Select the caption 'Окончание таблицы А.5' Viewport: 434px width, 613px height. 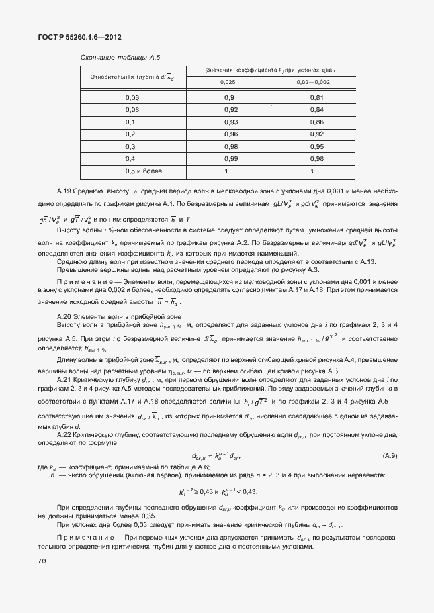pos(120,58)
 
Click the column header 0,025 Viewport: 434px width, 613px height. pos(228,82)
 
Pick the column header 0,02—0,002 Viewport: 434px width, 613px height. pos(313,82)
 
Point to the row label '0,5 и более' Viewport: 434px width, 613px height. pos(131,171)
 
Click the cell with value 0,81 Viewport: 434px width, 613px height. pos(317,98)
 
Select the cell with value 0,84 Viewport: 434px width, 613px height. pos(317,110)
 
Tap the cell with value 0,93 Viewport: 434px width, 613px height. pos(230,122)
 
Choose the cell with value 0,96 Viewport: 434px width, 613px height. pos(230,134)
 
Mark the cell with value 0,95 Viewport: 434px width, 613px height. pos(317,146)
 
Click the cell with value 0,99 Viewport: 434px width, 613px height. pos(230,158)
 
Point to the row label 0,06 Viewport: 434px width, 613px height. pos(131,98)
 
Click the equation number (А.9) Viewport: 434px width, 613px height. pos(390,456)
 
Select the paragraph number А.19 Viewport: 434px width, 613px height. pos(67,192)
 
